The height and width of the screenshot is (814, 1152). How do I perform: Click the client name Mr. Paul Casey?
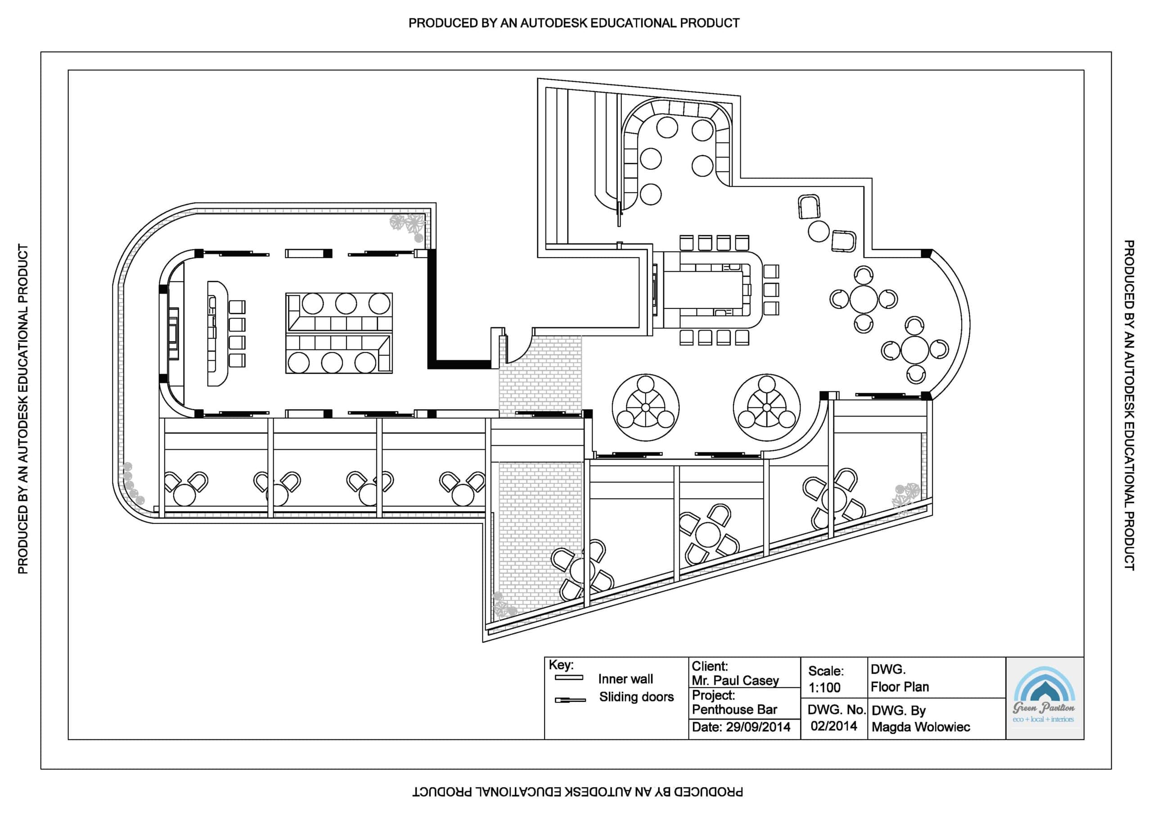734,680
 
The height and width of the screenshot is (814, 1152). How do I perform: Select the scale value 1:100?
824,688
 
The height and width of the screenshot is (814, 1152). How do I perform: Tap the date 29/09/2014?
758,727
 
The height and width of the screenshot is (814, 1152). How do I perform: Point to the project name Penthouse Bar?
734,710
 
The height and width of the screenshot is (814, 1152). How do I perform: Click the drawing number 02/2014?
833,726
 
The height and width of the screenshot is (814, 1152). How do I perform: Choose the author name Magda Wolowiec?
920,727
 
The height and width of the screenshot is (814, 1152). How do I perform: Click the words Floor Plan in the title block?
900,687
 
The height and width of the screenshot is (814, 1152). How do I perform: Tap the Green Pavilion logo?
1044,698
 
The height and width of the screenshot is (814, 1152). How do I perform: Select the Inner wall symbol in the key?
568,678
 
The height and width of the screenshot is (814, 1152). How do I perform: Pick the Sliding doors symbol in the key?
570,700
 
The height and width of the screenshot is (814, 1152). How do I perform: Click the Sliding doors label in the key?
636,697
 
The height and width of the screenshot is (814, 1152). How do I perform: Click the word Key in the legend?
560,665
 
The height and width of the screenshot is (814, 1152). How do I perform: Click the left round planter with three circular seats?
645,407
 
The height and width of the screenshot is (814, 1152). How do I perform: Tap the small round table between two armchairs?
819,231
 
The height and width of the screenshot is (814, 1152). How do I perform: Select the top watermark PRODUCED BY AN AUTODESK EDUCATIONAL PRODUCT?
573,23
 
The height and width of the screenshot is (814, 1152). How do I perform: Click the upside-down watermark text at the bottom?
577,792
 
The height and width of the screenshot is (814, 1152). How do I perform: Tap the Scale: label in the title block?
825,671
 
